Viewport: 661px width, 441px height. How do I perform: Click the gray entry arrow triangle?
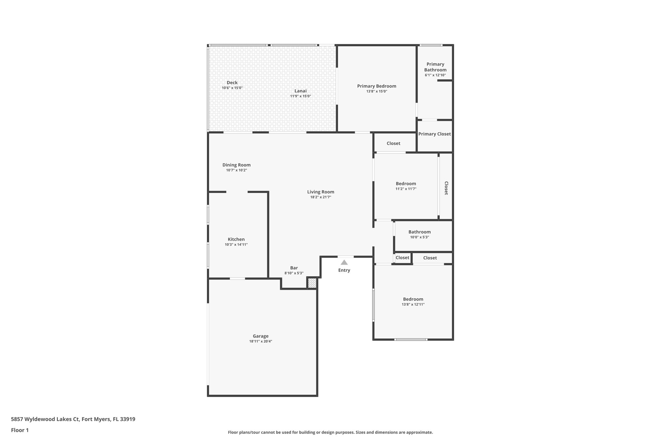tap(344, 263)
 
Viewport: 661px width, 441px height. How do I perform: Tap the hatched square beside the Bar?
tap(312, 283)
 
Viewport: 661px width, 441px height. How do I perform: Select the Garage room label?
tap(260, 336)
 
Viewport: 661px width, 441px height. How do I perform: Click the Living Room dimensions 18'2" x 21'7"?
tap(320, 197)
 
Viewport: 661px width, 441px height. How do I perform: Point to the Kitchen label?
tap(236, 239)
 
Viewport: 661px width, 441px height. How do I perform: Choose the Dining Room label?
tap(236, 165)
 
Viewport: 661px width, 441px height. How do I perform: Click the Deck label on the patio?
tap(232, 83)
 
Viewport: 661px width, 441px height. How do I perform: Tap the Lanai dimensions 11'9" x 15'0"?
tap(300, 96)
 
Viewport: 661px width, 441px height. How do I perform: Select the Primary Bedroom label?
tap(376, 86)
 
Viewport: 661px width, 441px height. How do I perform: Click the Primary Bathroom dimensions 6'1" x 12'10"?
tap(435, 75)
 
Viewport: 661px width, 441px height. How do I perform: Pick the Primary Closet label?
tap(434, 134)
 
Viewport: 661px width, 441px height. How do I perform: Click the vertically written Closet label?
tap(446, 188)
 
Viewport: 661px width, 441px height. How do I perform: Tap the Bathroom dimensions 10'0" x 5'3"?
tap(419, 237)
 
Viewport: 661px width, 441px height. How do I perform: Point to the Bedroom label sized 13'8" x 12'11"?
tap(413, 299)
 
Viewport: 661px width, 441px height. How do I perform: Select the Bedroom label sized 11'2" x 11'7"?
tap(406, 184)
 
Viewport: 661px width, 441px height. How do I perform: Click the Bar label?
tap(294, 268)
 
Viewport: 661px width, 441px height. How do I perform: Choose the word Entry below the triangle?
tap(344, 270)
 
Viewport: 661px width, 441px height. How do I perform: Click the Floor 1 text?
tap(20, 430)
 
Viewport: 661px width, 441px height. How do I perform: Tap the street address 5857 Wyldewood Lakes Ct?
tap(45, 419)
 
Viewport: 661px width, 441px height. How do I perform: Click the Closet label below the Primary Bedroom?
tap(393, 143)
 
